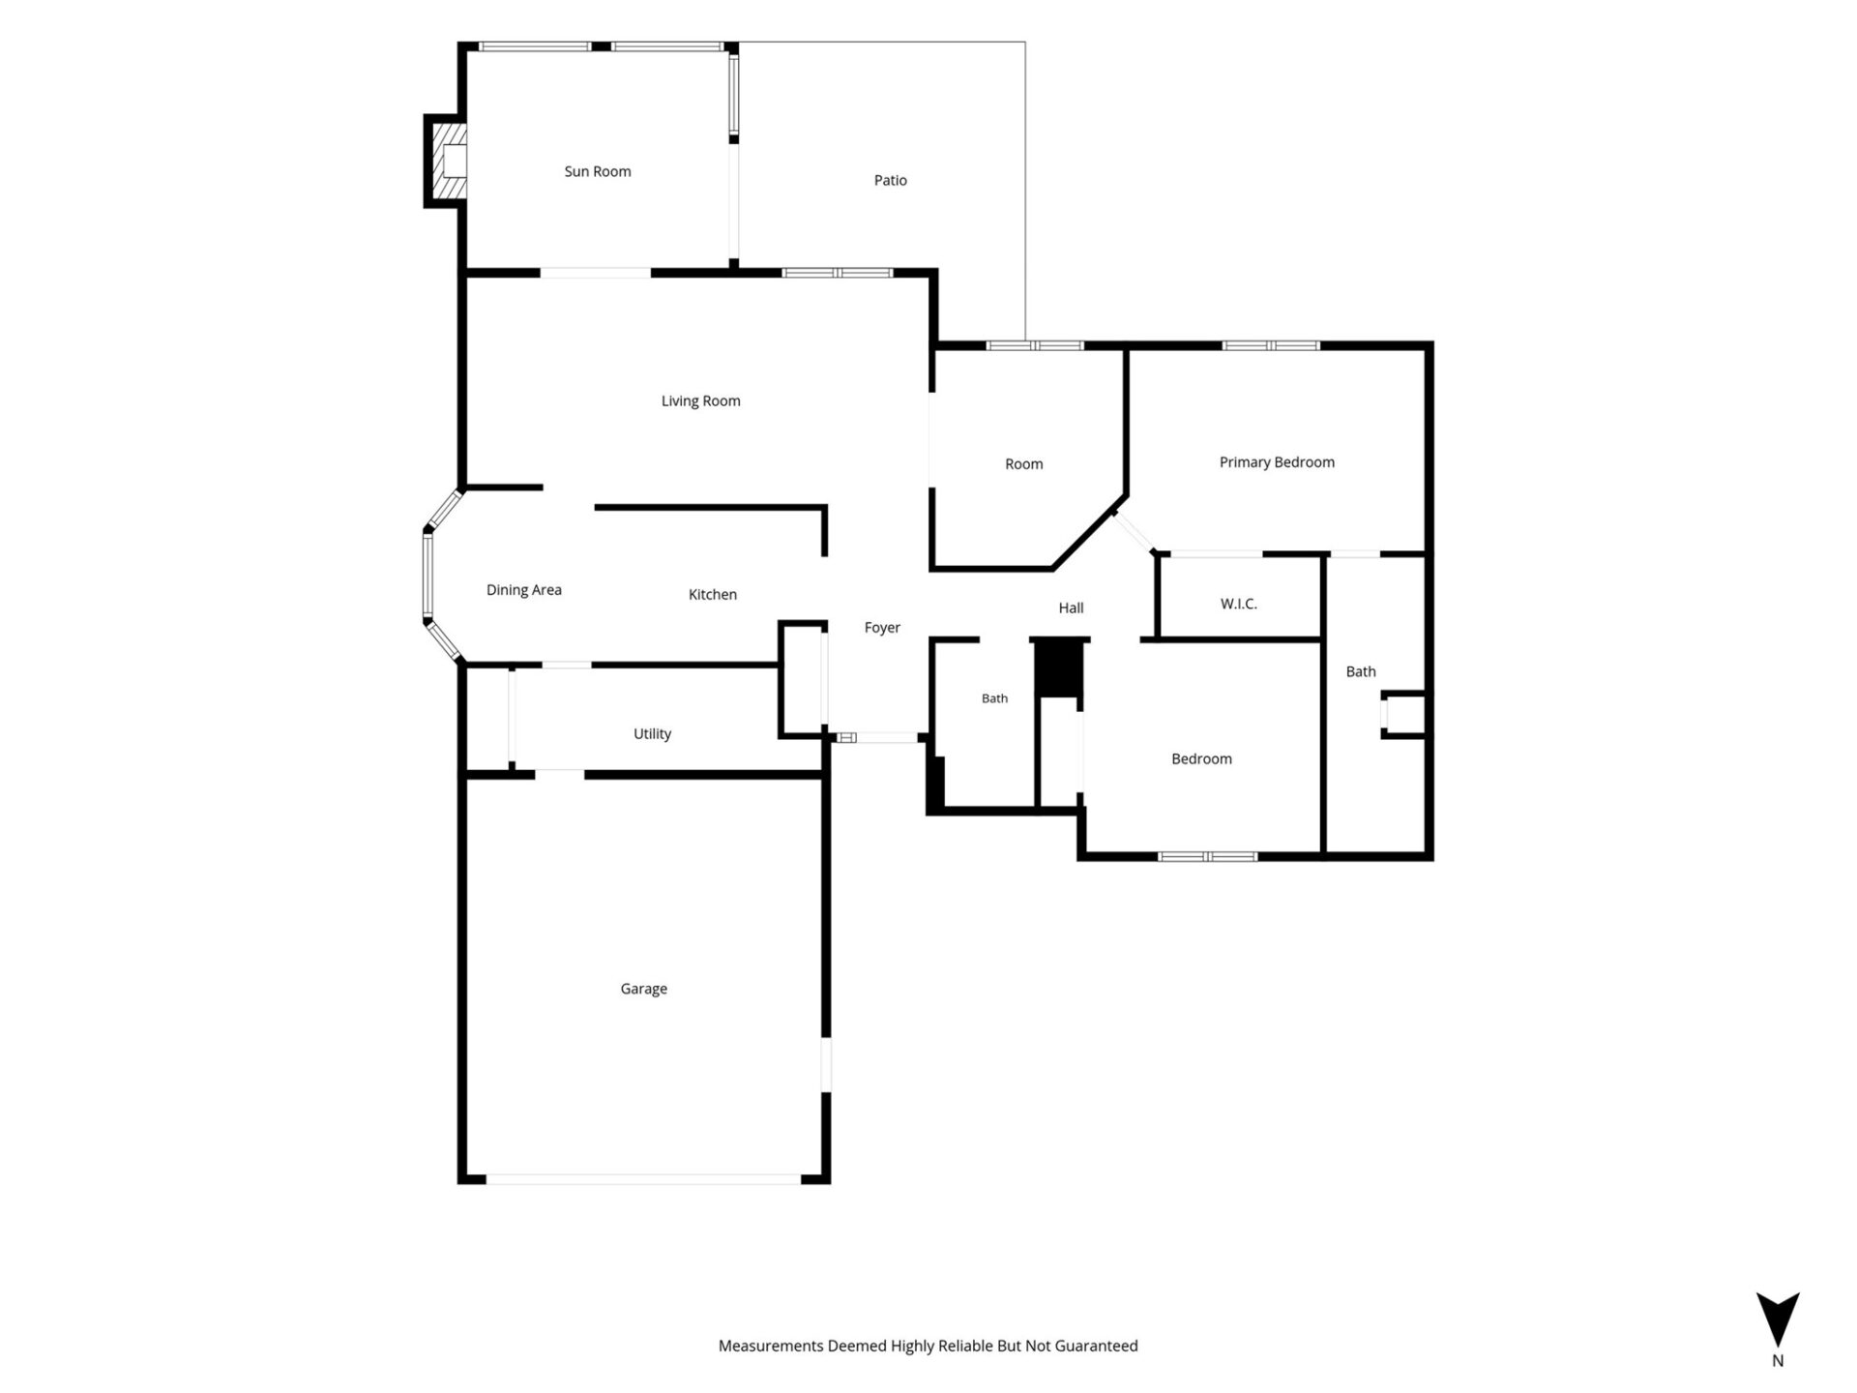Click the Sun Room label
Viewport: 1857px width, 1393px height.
(598, 171)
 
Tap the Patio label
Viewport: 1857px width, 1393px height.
(891, 180)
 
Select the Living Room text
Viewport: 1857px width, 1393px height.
(701, 400)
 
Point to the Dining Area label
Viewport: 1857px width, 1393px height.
(524, 590)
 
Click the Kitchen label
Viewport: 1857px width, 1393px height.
(713, 595)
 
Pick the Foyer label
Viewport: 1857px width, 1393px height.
(882, 628)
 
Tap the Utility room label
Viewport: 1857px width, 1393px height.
(653, 734)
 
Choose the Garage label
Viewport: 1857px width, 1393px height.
(644, 989)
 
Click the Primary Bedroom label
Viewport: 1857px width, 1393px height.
(1277, 462)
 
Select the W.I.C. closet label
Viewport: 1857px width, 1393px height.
(1239, 604)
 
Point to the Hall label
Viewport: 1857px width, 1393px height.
(1071, 608)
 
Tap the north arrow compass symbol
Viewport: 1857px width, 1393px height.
(1778, 1319)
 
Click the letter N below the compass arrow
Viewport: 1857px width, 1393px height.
(1778, 1360)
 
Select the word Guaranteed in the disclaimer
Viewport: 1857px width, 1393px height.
(1097, 1346)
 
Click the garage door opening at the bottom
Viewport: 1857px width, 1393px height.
(643, 1179)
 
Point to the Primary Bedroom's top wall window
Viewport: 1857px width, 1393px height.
(1271, 345)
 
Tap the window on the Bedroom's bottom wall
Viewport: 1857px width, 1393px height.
(1208, 856)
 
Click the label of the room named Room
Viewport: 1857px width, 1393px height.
(1024, 464)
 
